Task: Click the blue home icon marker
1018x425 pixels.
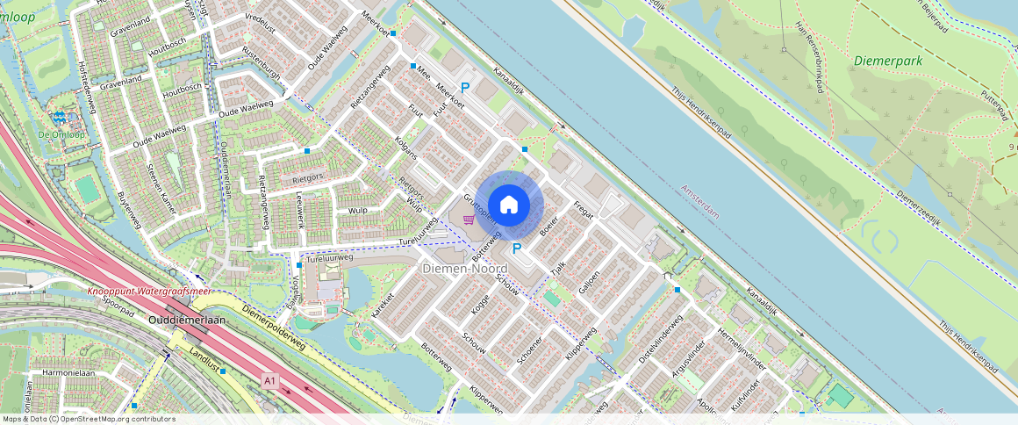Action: pyautogui.click(x=509, y=205)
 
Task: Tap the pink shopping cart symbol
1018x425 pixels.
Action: pyautogui.click(x=470, y=220)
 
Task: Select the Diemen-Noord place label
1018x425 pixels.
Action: pyautogui.click(x=465, y=268)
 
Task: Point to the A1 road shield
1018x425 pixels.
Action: pyautogui.click(x=270, y=381)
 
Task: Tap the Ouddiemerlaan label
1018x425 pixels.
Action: pyautogui.click(x=187, y=321)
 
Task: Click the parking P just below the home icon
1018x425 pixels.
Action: pyautogui.click(x=517, y=249)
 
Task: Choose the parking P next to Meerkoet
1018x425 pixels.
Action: pyautogui.click(x=466, y=88)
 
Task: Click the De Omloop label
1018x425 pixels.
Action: pyautogui.click(x=54, y=133)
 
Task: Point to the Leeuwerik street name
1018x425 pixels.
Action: pyautogui.click(x=299, y=212)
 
